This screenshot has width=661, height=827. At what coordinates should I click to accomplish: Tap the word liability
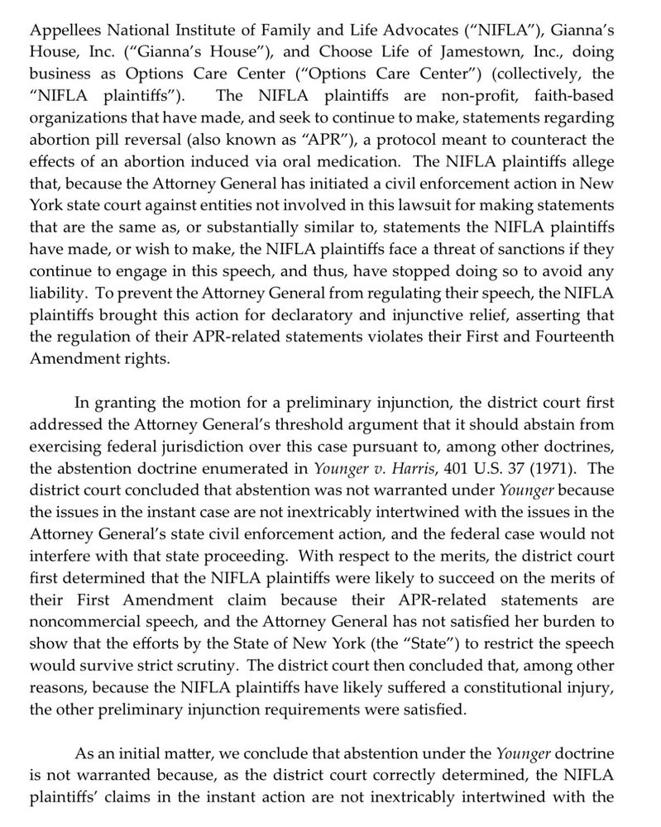click(57, 291)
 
